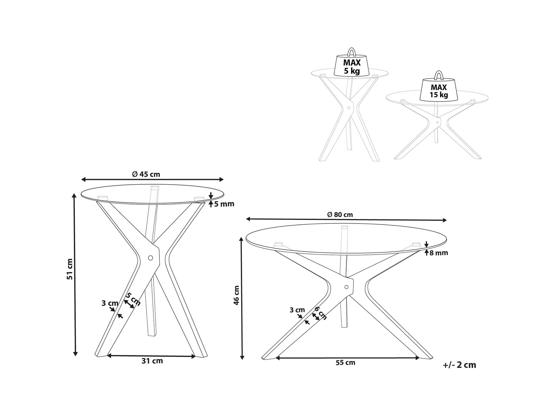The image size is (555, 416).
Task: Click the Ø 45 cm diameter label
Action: click(146, 174)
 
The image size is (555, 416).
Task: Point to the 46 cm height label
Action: click(236, 295)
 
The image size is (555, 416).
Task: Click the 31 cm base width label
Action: click(152, 361)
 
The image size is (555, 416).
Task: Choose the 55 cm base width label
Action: click(345, 363)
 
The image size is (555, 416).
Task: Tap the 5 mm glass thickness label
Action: click(224, 204)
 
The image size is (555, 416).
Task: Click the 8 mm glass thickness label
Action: click(439, 253)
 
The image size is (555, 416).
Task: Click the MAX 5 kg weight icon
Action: click(352, 67)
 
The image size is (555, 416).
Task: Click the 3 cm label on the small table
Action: click(110, 303)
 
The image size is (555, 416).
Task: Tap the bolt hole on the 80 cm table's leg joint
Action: click(346, 287)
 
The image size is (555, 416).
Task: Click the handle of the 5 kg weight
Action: click(352, 52)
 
